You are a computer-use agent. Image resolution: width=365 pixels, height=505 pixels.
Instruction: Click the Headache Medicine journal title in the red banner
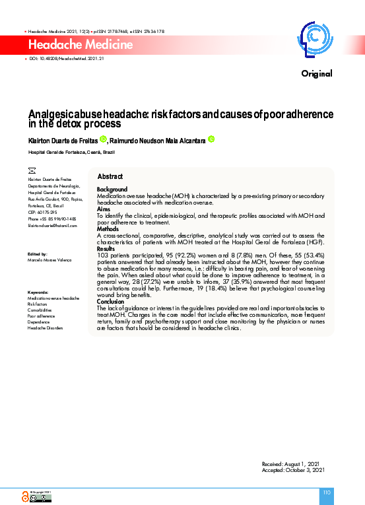[81, 45]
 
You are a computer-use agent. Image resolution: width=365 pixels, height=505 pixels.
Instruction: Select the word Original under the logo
[317, 73]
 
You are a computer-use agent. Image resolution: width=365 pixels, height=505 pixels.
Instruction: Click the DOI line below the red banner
[66, 59]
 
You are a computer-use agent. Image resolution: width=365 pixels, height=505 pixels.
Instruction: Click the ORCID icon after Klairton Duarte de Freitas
[103, 139]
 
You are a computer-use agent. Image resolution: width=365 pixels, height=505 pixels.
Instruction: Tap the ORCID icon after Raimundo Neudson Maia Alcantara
[211, 139]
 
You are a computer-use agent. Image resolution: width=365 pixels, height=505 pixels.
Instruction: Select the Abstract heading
[110, 177]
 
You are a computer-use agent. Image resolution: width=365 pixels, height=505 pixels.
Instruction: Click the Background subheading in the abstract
[112, 189]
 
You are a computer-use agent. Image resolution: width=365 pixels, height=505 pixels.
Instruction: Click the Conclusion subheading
[112, 301]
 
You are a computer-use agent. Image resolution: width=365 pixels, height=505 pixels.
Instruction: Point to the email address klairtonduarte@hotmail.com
[52, 226]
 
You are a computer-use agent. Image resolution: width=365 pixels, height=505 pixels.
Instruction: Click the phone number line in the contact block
[52, 219]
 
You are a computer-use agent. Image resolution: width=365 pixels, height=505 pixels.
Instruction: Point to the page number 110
[326, 492]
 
